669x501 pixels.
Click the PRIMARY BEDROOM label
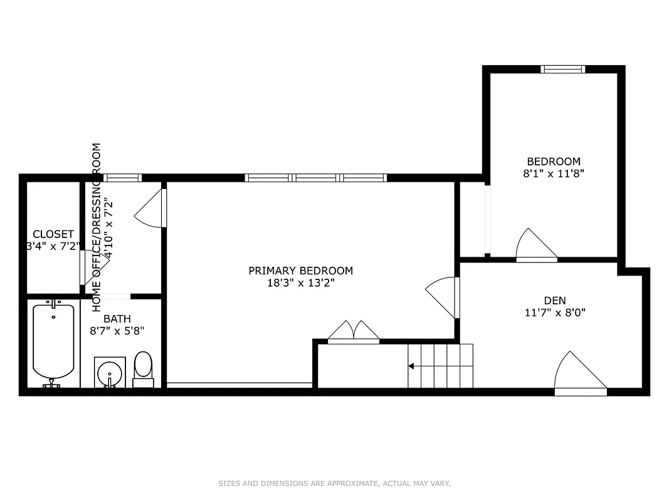(300, 271)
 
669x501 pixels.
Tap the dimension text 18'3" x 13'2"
(300, 282)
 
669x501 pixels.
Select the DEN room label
(554, 301)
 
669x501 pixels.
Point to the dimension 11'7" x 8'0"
(554, 312)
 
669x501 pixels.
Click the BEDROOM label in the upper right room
(553, 162)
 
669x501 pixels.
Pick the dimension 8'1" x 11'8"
(553, 173)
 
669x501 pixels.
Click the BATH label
(117, 319)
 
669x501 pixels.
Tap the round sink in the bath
(110, 372)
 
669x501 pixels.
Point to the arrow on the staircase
(412, 366)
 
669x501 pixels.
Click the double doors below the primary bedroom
(354, 332)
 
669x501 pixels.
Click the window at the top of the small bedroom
(562, 69)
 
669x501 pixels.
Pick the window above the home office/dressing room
(122, 178)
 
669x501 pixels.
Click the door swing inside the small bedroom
(534, 245)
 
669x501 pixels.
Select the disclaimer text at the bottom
(334, 483)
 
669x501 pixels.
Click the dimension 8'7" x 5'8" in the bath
(117, 330)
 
